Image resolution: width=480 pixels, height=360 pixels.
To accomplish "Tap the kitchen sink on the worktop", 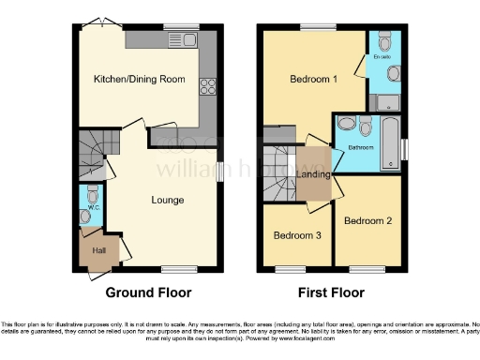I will [x=188, y=39].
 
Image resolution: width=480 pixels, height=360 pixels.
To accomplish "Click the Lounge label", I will [x=168, y=200].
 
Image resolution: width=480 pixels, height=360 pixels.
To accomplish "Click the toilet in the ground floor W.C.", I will [x=91, y=194].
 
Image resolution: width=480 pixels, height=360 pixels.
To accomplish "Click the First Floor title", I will [x=334, y=292].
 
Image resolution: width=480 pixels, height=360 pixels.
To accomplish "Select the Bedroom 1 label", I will [x=312, y=80].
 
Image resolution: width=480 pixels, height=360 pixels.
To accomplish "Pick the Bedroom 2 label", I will [x=366, y=220].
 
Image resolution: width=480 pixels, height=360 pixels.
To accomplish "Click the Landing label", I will [x=312, y=175].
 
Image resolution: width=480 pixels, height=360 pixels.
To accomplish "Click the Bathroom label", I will [x=361, y=147].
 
